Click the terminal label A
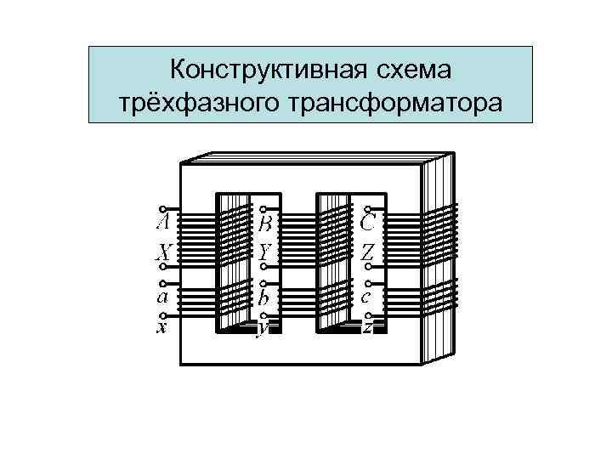click(x=162, y=224)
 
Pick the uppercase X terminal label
click(x=162, y=252)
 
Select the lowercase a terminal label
click(x=162, y=297)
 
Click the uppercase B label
click(x=265, y=224)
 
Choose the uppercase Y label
click(x=265, y=252)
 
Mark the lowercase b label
click(x=265, y=298)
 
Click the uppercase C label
click(x=368, y=224)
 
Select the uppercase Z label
click(x=367, y=252)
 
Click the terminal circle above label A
click(x=161, y=209)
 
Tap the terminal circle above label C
click(x=366, y=209)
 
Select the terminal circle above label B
click(x=263, y=209)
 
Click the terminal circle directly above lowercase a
click(x=161, y=285)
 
